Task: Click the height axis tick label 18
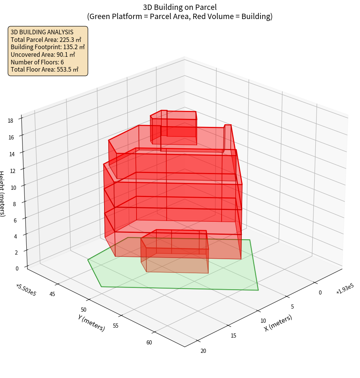pos(10,121)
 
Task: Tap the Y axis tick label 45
pos(52,294)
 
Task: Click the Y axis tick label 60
pos(149,343)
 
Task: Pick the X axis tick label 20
pos(203,351)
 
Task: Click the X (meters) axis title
pos(278,323)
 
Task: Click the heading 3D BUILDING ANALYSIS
pos(42,32)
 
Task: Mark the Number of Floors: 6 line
pos(37,62)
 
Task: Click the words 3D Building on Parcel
pos(180,7)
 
